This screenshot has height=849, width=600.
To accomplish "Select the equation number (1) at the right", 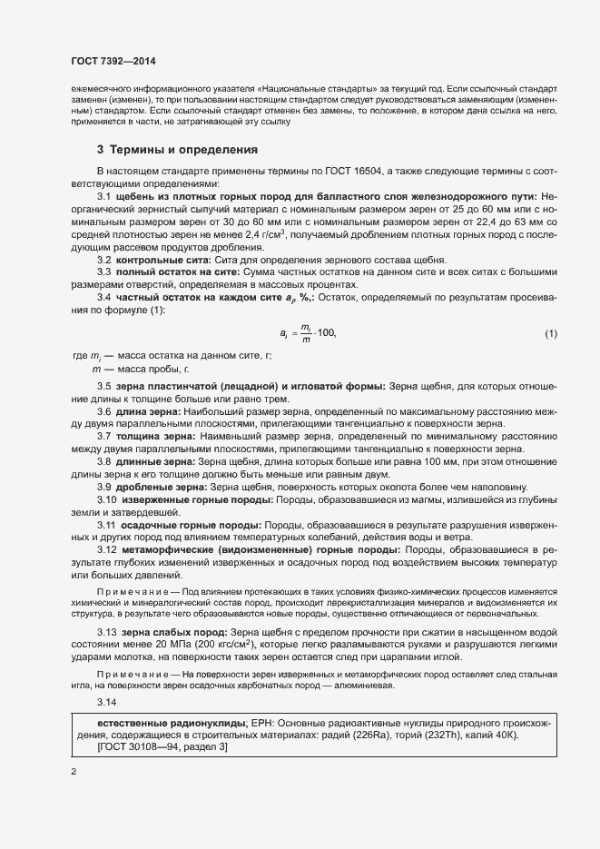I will coord(550,334).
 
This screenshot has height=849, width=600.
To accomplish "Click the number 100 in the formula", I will coord(324,334).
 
